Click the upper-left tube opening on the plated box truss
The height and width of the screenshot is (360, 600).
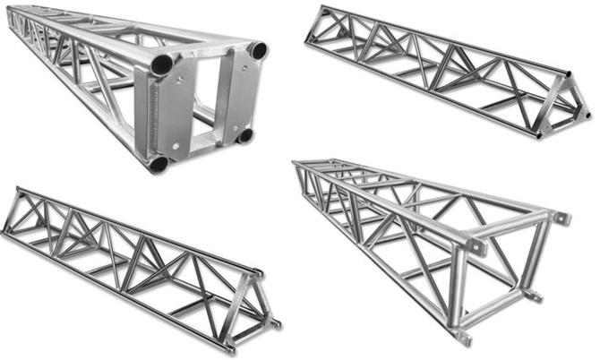click(x=161, y=64)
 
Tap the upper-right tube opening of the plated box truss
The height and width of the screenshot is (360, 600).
click(x=258, y=51)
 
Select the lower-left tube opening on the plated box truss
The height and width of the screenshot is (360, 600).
click(x=158, y=164)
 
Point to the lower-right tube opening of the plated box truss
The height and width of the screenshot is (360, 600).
click(x=244, y=135)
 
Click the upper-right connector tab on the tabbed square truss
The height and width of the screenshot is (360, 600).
click(x=562, y=218)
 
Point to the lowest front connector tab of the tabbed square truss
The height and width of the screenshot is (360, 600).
click(x=463, y=337)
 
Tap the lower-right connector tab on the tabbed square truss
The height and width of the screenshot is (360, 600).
click(x=534, y=293)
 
